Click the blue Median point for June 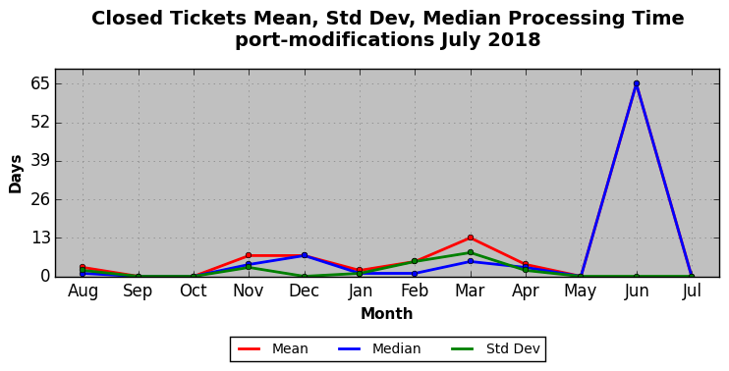(x=636, y=83)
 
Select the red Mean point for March (x=470, y=238)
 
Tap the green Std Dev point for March (x=470, y=252)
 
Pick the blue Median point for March (x=470, y=261)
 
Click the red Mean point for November (x=249, y=255)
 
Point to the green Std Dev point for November (x=249, y=267)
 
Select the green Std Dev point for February (x=415, y=261)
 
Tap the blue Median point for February (x=415, y=274)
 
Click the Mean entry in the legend (x=272, y=348)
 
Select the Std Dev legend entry (x=495, y=348)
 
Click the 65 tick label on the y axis (x=39, y=84)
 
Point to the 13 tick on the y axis (x=40, y=238)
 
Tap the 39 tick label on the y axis (x=39, y=161)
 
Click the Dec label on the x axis (x=304, y=291)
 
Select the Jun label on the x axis (x=636, y=291)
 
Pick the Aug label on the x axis (x=83, y=291)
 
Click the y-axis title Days (x=15, y=174)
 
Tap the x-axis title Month (x=386, y=314)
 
